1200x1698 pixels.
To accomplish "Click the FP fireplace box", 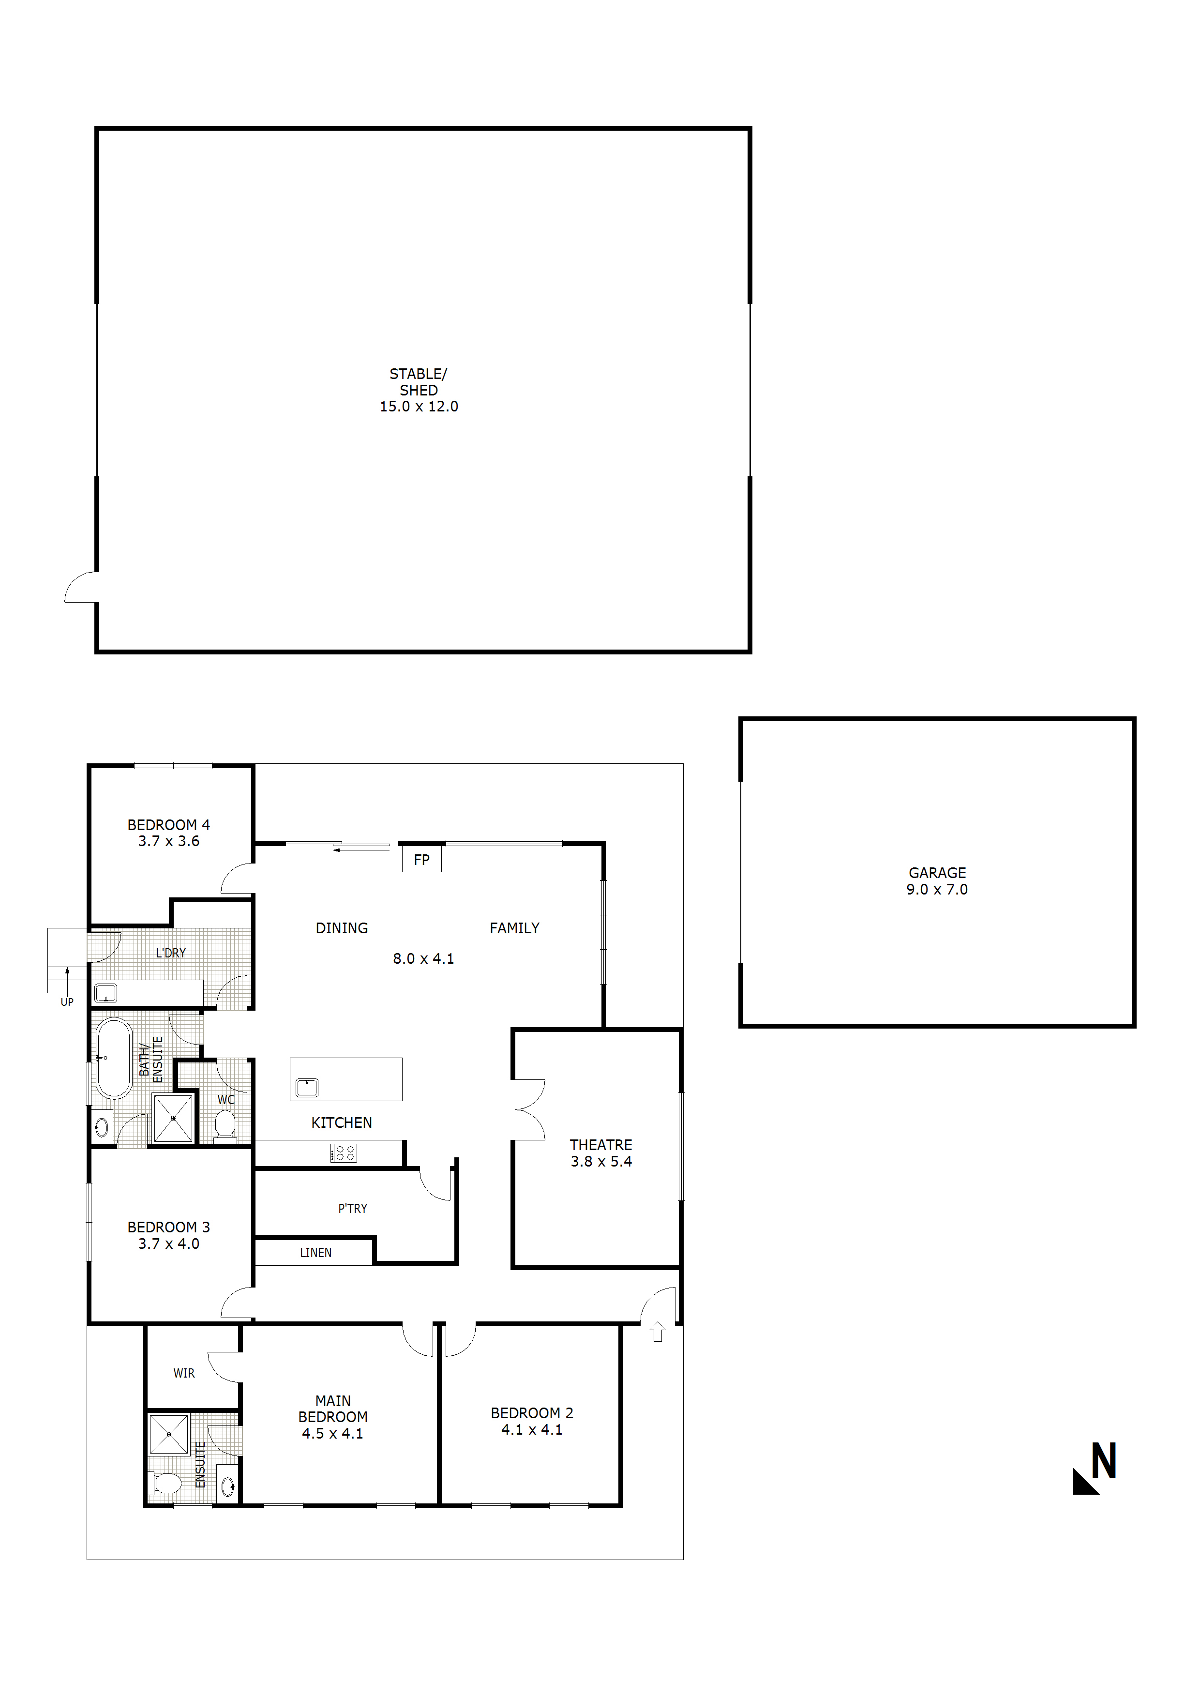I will pyautogui.click(x=421, y=859).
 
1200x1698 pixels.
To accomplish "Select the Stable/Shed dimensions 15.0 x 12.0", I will pyautogui.click(x=419, y=407).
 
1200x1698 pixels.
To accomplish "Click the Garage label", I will pyautogui.click(x=937, y=873).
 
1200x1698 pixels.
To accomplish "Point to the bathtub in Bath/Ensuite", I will pyautogui.click(x=114, y=1058).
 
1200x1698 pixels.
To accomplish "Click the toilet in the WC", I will pyautogui.click(x=225, y=1125).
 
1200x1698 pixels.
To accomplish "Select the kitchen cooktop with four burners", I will pyautogui.click(x=344, y=1152).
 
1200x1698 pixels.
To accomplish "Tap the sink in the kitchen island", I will pyautogui.click(x=307, y=1087).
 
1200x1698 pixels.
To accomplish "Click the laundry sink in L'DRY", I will pyautogui.click(x=106, y=992).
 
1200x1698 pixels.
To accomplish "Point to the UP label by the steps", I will pyautogui.click(x=67, y=1002).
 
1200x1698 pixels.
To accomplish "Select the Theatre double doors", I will pyautogui.click(x=529, y=1109).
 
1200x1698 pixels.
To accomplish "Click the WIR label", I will pyautogui.click(x=184, y=1373).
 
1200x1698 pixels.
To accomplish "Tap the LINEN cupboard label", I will pyautogui.click(x=315, y=1253).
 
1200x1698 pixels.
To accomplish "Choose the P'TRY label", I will pyautogui.click(x=353, y=1209).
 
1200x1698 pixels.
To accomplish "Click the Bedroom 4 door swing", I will pyautogui.click(x=237, y=879).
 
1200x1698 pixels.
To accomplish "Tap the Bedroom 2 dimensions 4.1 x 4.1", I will pyautogui.click(x=532, y=1429).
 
